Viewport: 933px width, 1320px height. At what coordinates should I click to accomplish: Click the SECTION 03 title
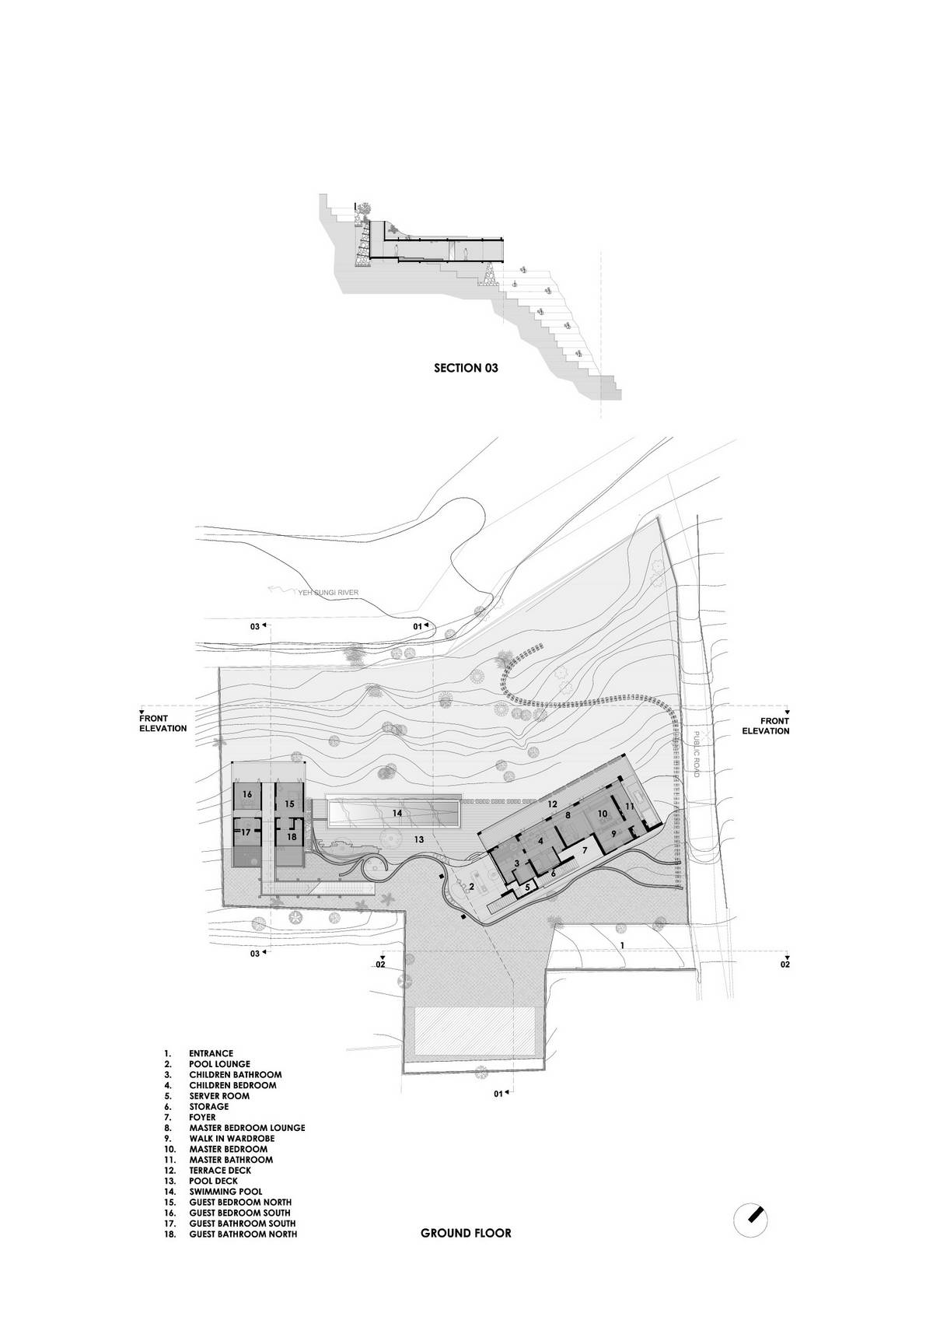(466, 368)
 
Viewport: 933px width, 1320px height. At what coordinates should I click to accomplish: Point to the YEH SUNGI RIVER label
(327, 593)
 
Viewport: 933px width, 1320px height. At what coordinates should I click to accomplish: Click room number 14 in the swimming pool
(397, 813)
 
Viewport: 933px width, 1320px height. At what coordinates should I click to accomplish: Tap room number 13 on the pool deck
(418, 839)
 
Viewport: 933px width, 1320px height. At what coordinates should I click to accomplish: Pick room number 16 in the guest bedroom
(247, 793)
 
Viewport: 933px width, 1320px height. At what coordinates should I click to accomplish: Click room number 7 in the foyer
(585, 850)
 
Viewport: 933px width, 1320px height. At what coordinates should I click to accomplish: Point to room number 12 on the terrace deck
(552, 804)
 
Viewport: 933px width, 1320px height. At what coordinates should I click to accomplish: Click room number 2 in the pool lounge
(472, 886)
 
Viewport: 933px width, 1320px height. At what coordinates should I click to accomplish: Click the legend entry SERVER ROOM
(219, 1095)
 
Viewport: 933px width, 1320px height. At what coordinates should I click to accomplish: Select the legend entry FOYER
(202, 1117)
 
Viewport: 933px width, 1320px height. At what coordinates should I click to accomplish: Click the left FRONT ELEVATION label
(163, 723)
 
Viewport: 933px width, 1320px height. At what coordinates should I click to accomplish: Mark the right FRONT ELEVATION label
(766, 726)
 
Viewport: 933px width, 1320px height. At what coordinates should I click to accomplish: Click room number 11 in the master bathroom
(629, 806)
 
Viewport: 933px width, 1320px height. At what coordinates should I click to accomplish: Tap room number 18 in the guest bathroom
(292, 836)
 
